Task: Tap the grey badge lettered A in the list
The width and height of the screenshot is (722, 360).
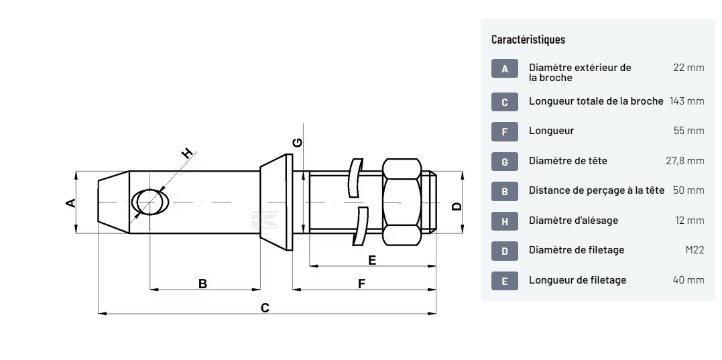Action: (505, 68)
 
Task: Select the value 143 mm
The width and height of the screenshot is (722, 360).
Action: (686, 101)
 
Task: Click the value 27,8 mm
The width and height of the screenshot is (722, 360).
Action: (684, 160)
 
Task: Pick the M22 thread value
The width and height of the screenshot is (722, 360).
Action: (695, 250)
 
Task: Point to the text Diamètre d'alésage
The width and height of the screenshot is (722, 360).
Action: (573, 220)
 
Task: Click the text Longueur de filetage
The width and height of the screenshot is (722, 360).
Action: (577, 280)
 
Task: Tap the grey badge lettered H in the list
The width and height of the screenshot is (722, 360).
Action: (505, 221)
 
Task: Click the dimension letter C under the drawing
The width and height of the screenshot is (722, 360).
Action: (265, 308)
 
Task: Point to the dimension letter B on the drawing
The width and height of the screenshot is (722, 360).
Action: (203, 284)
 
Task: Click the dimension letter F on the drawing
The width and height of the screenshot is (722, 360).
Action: (361, 284)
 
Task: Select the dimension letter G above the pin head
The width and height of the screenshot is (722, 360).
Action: (298, 142)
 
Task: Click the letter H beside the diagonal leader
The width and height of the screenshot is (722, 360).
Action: (188, 154)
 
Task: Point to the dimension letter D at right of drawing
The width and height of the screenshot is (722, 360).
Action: (457, 206)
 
